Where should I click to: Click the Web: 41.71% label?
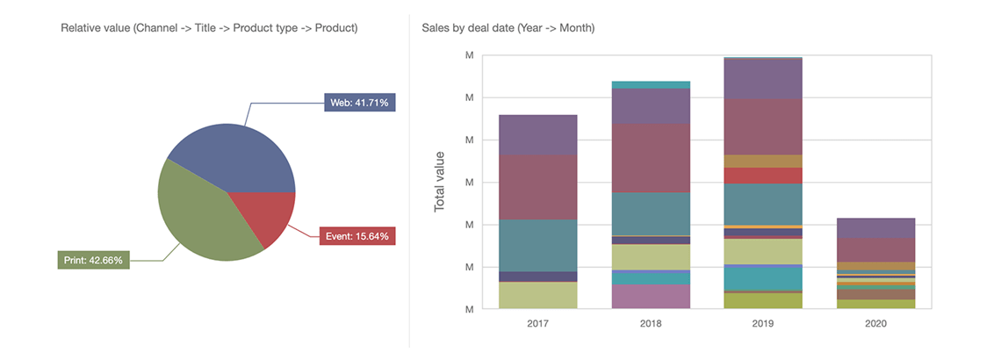click(360, 103)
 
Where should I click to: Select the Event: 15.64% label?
click(356, 235)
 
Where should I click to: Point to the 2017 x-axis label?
click(537, 324)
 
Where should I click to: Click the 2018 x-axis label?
click(651, 324)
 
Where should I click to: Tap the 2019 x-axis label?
click(763, 324)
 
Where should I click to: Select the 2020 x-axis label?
click(875, 324)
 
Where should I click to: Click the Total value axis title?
click(440, 182)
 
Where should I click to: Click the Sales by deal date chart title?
click(508, 28)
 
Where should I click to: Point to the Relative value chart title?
click(209, 28)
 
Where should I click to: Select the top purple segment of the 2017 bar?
click(537, 134)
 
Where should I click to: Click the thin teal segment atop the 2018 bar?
click(651, 85)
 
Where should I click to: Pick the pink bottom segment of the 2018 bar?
click(651, 296)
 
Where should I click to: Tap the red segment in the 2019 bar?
click(763, 176)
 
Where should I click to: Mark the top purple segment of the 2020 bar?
click(875, 228)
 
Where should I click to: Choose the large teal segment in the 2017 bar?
click(537, 245)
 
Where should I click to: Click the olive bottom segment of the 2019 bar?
click(763, 300)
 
